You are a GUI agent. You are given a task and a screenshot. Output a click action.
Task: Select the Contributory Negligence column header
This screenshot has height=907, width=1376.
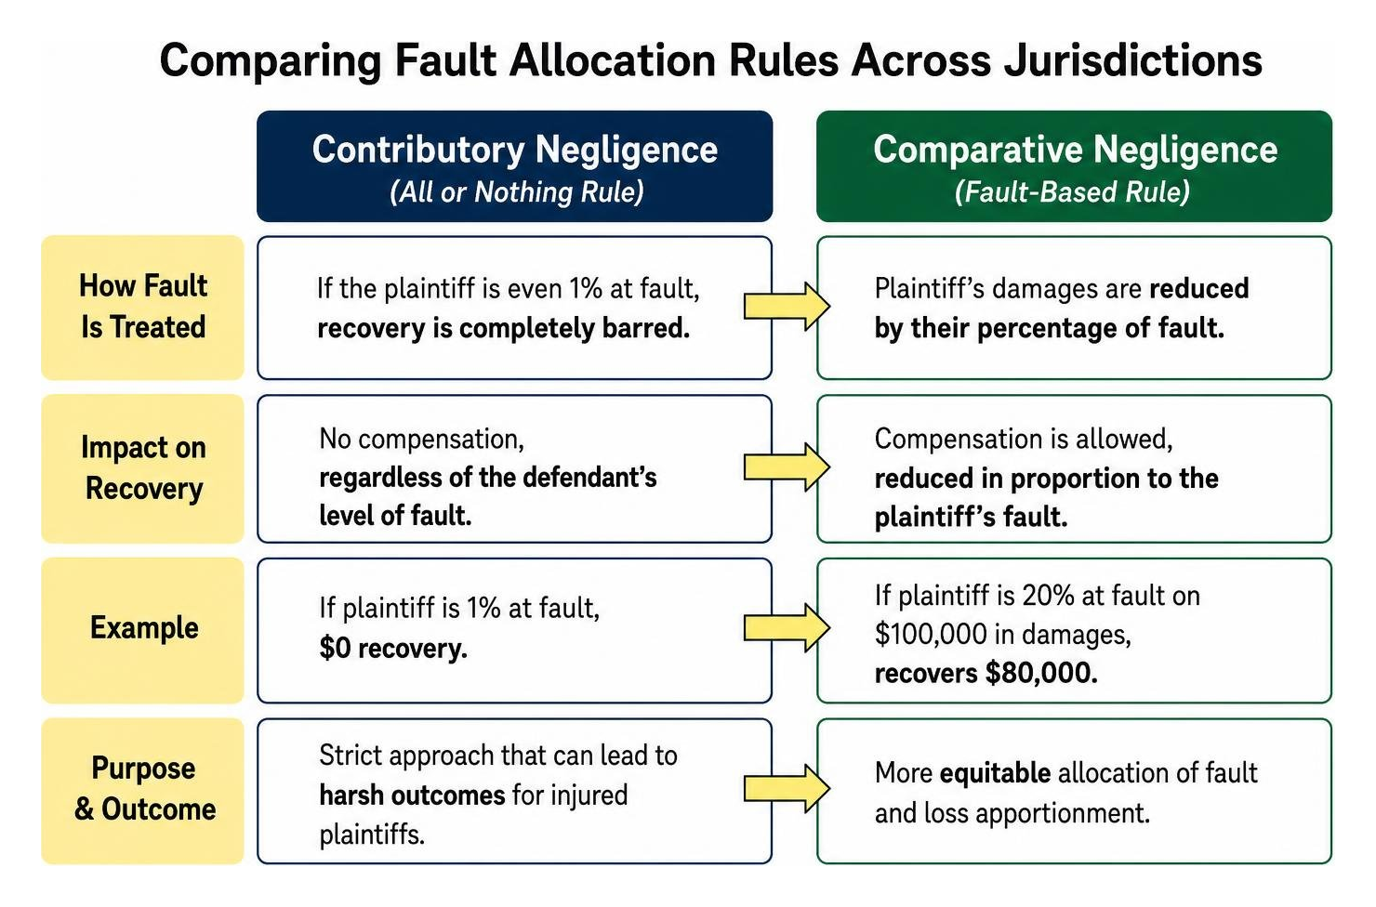point(515,165)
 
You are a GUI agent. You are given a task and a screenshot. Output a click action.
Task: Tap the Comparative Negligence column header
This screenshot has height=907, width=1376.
point(1075,165)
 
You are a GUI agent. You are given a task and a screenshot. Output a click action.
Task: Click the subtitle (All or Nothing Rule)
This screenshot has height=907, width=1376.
point(517,192)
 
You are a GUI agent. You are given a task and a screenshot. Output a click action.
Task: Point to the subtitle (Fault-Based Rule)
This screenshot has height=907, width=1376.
point(1073,192)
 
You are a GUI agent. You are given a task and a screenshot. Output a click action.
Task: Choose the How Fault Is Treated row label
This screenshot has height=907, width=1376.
point(142,307)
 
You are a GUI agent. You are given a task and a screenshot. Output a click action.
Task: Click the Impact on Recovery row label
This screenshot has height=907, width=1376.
point(142,468)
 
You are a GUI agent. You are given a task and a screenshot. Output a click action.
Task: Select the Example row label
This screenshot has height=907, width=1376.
point(142,630)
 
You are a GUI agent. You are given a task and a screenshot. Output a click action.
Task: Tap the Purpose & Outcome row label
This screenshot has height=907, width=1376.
point(142,791)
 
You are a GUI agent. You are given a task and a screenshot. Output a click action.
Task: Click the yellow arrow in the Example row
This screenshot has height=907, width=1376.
point(787,627)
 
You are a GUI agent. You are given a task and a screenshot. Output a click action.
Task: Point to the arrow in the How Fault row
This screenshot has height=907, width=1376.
point(787,307)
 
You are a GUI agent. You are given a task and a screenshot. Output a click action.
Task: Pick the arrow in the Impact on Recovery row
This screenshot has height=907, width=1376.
point(787,467)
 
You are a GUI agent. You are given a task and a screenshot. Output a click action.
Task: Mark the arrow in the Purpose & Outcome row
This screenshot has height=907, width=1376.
point(787,788)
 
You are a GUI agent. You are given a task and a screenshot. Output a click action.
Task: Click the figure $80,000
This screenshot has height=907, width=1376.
point(1042,673)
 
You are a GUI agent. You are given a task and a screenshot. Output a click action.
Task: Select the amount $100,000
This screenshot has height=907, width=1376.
point(932,634)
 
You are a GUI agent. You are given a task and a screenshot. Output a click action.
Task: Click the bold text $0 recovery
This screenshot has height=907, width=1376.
point(393,649)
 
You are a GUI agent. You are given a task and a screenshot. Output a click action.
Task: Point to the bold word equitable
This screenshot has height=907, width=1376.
point(995,773)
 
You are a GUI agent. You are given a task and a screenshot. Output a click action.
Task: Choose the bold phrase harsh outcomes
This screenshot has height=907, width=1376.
point(412,795)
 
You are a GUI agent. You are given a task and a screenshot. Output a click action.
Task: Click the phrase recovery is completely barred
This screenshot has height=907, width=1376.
point(504,329)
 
